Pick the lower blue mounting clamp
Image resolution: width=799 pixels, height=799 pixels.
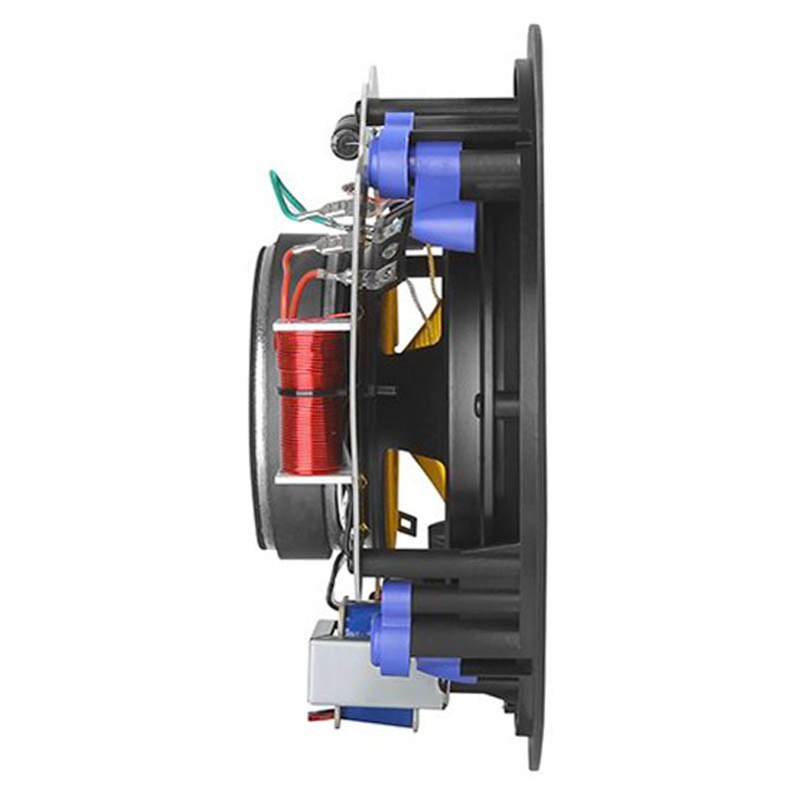pos(399,624)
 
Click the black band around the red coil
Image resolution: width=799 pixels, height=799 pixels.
pos(310,395)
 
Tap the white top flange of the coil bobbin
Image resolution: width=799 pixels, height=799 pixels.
pos(312,326)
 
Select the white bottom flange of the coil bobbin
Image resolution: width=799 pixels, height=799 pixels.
pos(312,478)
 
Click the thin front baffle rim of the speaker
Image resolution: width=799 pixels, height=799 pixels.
pos(533,399)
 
